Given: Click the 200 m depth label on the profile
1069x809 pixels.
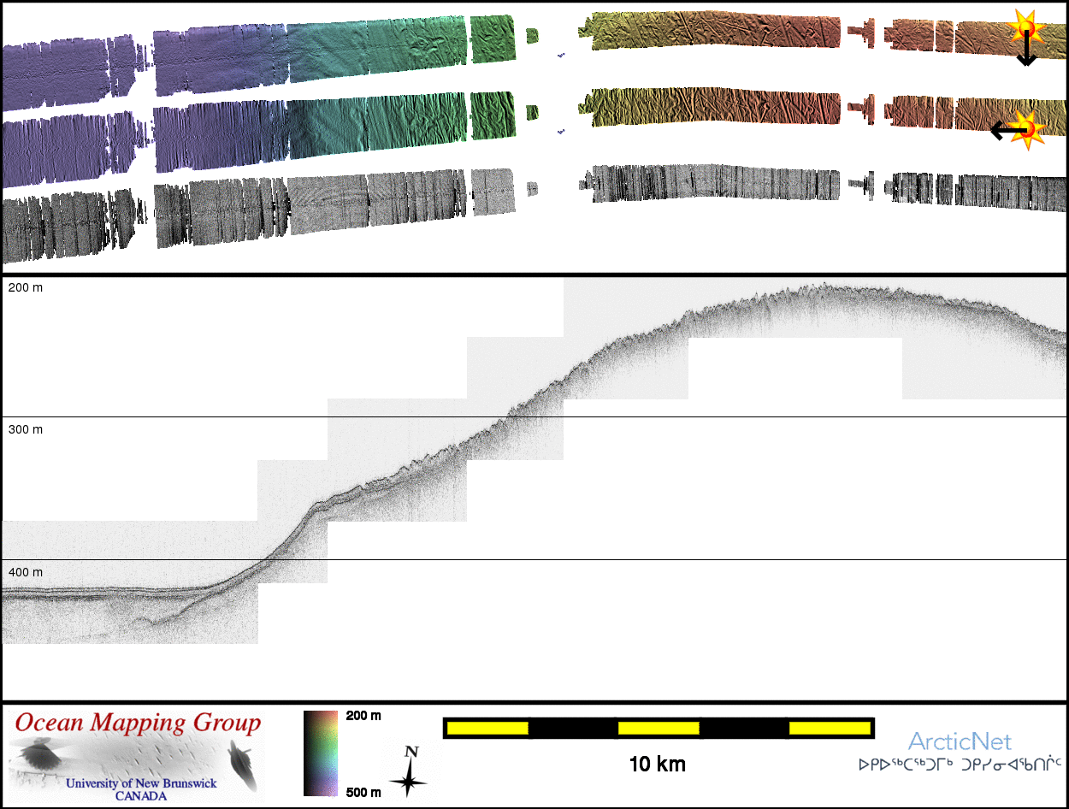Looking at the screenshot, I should pos(26,288).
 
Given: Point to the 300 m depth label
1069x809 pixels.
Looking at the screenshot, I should pos(26,429).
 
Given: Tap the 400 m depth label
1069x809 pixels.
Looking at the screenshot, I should pos(26,571).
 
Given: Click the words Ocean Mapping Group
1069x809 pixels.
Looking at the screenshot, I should pos(138,723).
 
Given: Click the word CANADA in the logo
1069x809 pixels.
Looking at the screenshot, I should pos(141,796).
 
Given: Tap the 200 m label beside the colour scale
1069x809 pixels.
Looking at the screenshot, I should pos(363,716).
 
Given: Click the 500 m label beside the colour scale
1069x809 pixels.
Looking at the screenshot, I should pos(363,793).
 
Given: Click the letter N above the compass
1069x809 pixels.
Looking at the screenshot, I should pos(411,752).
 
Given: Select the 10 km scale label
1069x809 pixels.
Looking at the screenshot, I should pos(657,765).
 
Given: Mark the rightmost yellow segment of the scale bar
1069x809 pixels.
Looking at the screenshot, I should pos(829,728).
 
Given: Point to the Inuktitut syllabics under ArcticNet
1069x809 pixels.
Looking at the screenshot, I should pos(960,764).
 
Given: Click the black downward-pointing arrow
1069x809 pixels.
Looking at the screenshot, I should pos(1026,51).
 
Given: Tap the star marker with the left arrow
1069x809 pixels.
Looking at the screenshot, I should pos(1030,129).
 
